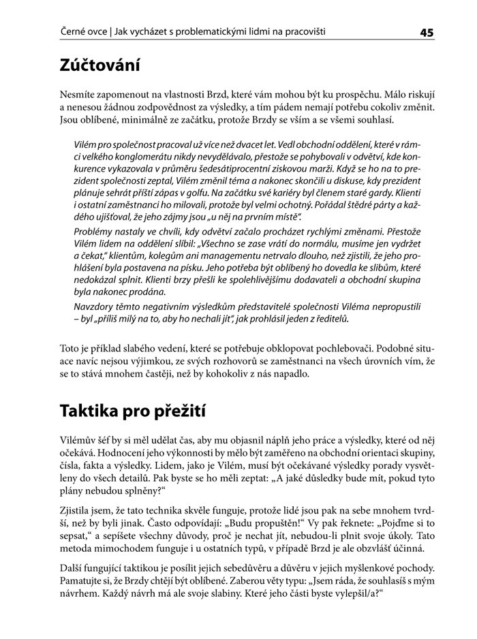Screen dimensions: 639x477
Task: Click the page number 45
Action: pyautogui.click(x=427, y=32)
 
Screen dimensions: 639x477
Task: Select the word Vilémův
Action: pyautogui.click(x=79, y=441)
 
